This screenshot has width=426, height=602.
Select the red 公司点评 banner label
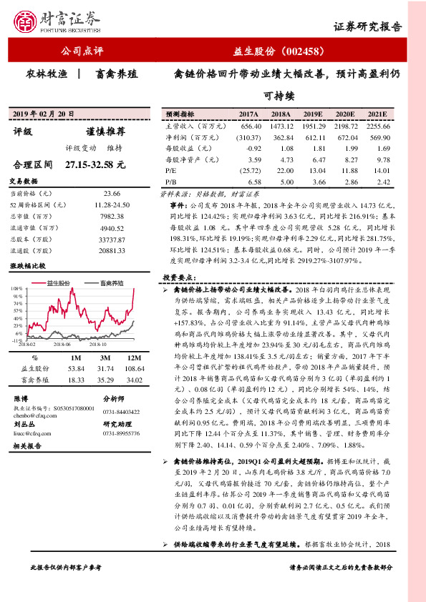[83, 51]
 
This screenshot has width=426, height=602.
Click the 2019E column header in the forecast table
[313, 114]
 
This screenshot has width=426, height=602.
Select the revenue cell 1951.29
[313, 125]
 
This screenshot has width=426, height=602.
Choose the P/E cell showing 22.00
[281, 172]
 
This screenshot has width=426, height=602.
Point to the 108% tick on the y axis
[16, 288]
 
